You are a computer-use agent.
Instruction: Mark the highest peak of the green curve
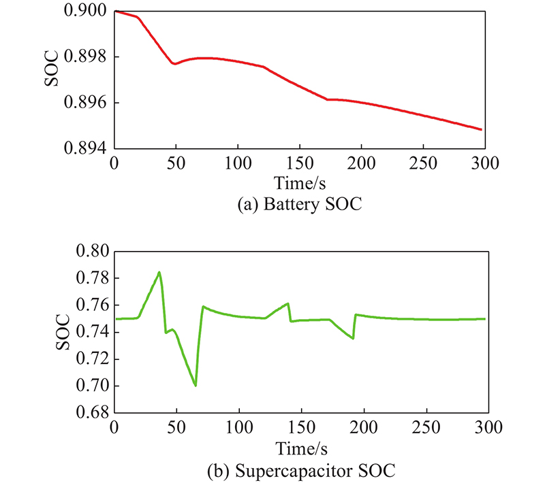pyautogui.click(x=159, y=273)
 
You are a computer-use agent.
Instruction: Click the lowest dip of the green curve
pyautogui.click(x=196, y=386)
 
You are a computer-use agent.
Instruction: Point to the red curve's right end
pyautogui.click(x=482, y=129)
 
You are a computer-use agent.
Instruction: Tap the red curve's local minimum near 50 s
pyautogui.click(x=175, y=63)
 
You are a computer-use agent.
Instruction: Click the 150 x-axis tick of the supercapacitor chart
pyautogui.click(x=300, y=429)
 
